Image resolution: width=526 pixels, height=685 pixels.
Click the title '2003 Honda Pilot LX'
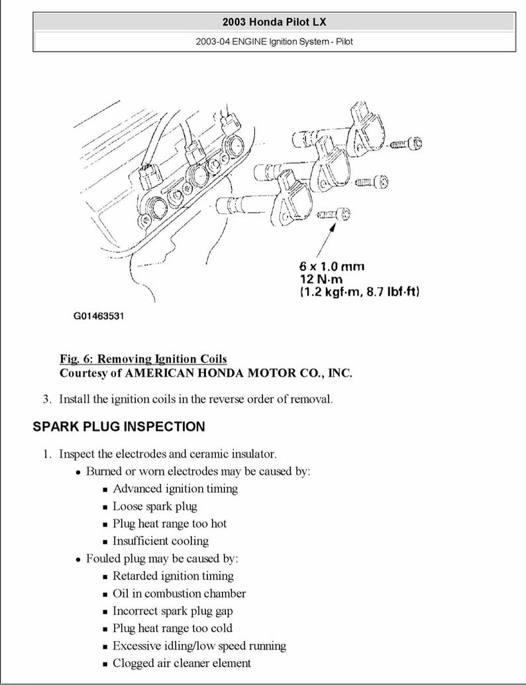pyautogui.click(x=274, y=22)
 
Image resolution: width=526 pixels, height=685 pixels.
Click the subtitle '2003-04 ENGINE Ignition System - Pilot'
pyautogui.click(x=274, y=42)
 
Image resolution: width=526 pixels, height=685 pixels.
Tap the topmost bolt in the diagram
pyautogui.click(x=405, y=143)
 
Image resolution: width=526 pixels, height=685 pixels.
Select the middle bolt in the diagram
pyautogui.click(x=372, y=182)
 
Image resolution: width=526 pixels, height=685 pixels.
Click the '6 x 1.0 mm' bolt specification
pyautogui.click(x=331, y=267)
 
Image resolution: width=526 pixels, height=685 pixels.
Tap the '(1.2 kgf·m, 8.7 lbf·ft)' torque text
pyautogui.click(x=360, y=292)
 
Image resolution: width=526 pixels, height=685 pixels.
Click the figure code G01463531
pyautogui.click(x=98, y=316)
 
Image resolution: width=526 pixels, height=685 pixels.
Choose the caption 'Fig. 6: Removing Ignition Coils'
pyautogui.click(x=143, y=359)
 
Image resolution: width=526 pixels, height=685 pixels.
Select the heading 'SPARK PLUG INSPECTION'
pyautogui.click(x=119, y=426)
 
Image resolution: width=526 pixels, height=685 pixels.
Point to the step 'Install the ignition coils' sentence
pyautogui.click(x=195, y=399)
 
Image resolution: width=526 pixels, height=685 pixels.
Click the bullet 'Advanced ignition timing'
pyautogui.click(x=175, y=489)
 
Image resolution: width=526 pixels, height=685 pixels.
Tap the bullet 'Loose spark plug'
pyautogui.click(x=154, y=506)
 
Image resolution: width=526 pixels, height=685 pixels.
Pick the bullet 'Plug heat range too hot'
pyautogui.click(x=169, y=523)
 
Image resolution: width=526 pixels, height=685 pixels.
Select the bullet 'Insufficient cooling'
pyautogui.click(x=160, y=540)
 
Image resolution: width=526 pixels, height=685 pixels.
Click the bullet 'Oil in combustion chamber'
pyautogui.click(x=179, y=593)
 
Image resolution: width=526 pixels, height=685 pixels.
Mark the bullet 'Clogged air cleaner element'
pyautogui.click(x=182, y=662)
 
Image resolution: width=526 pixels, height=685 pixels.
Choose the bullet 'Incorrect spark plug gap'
pyautogui.click(x=172, y=611)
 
